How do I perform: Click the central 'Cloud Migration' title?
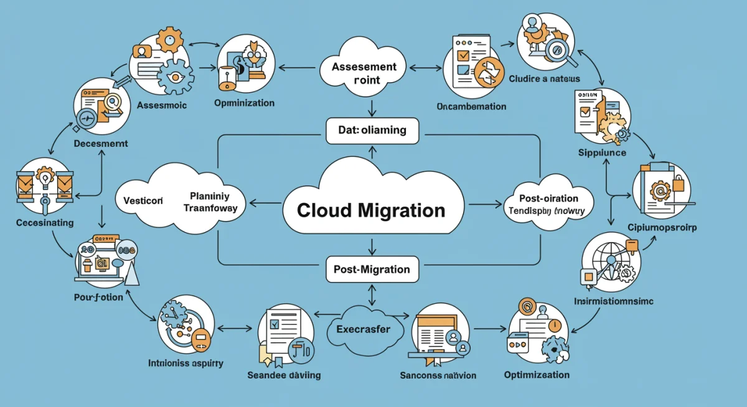point(371,210)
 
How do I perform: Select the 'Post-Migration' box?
point(371,269)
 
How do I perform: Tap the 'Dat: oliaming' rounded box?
point(372,131)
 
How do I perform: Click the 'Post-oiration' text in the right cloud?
point(548,199)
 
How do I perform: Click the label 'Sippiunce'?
point(602,152)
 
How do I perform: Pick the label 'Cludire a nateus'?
point(544,79)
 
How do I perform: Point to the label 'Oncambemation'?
point(471,106)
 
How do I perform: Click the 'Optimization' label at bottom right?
point(537,375)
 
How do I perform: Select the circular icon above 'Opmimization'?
point(243,61)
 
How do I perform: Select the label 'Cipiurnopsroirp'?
point(661,228)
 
